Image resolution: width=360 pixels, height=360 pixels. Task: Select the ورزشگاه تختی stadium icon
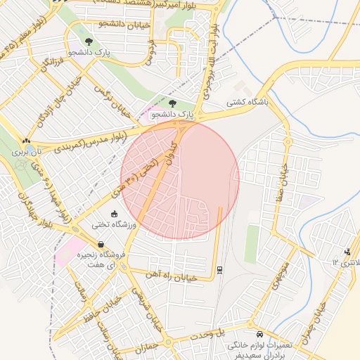115,214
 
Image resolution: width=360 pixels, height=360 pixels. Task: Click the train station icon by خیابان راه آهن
221,269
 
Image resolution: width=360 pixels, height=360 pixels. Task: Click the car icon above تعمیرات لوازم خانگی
260,334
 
